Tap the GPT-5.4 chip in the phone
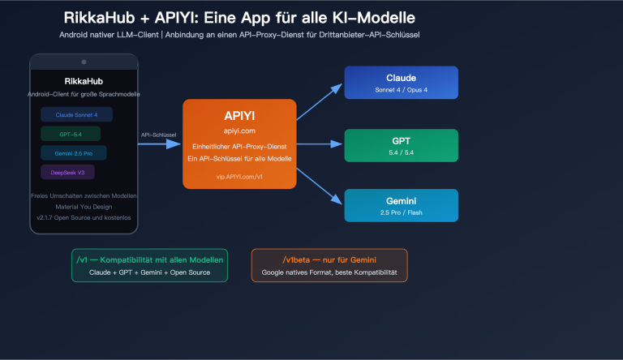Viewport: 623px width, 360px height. pyautogui.click(x=71, y=134)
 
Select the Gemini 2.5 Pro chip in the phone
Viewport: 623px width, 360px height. pyautogui.click(x=73, y=153)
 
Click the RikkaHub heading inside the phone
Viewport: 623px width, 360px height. pyautogui.click(x=84, y=82)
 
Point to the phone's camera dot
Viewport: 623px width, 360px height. pyautogui.click(x=84, y=62)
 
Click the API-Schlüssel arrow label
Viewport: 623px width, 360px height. pyautogui.click(x=159, y=135)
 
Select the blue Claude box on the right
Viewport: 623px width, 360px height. pyautogui.click(x=401, y=83)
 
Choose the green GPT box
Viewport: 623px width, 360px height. pyautogui.click(x=401, y=145)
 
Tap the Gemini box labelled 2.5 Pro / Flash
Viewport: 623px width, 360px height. pyautogui.click(x=401, y=205)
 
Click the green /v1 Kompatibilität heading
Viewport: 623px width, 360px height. pyautogui.click(x=149, y=259)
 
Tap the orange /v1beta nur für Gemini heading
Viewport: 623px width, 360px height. pyautogui.click(x=329, y=259)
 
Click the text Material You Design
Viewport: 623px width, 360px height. pyautogui.click(x=84, y=207)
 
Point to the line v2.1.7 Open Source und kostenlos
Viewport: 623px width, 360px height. pyautogui.click(x=84, y=217)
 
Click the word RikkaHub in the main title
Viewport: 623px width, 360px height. pyautogui.click(x=99, y=17)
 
